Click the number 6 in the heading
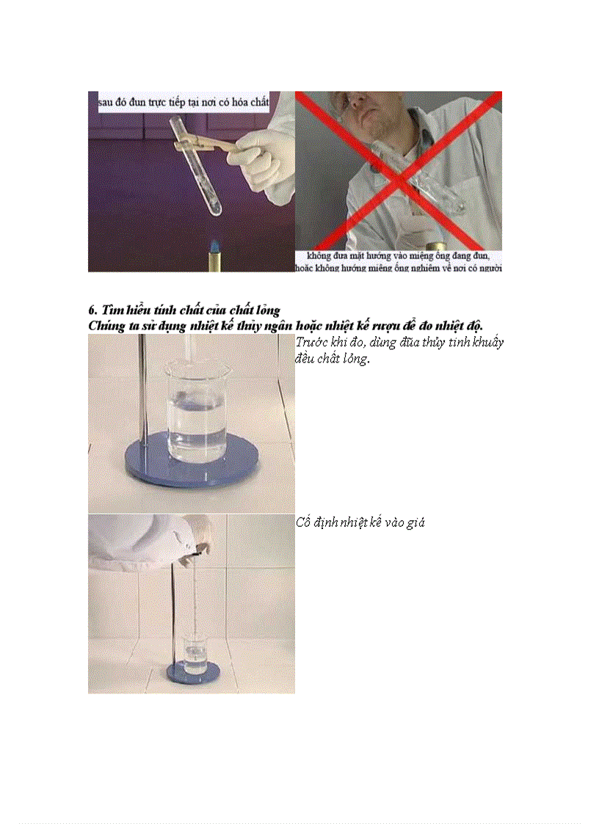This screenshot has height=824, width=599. (x=92, y=310)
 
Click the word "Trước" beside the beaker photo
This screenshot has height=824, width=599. (x=312, y=342)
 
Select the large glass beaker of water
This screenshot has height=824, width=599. (x=197, y=412)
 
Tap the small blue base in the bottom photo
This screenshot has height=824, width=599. (x=193, y=673)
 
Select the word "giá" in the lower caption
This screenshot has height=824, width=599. (x=416, y=523)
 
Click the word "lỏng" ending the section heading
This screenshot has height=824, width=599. (x=267, y=310)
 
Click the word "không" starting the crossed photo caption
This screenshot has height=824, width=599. (x=319, y=256)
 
